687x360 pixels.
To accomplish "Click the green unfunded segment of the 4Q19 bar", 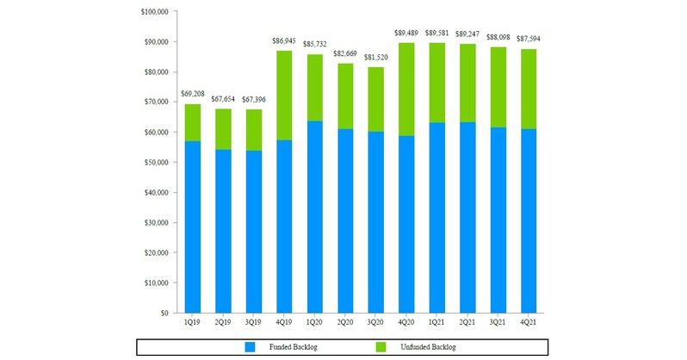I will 283,95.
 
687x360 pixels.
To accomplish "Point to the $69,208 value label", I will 192,94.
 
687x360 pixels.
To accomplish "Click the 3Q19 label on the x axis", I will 253,323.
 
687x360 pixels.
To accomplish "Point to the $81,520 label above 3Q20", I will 374,58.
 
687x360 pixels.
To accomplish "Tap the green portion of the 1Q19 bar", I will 192,122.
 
